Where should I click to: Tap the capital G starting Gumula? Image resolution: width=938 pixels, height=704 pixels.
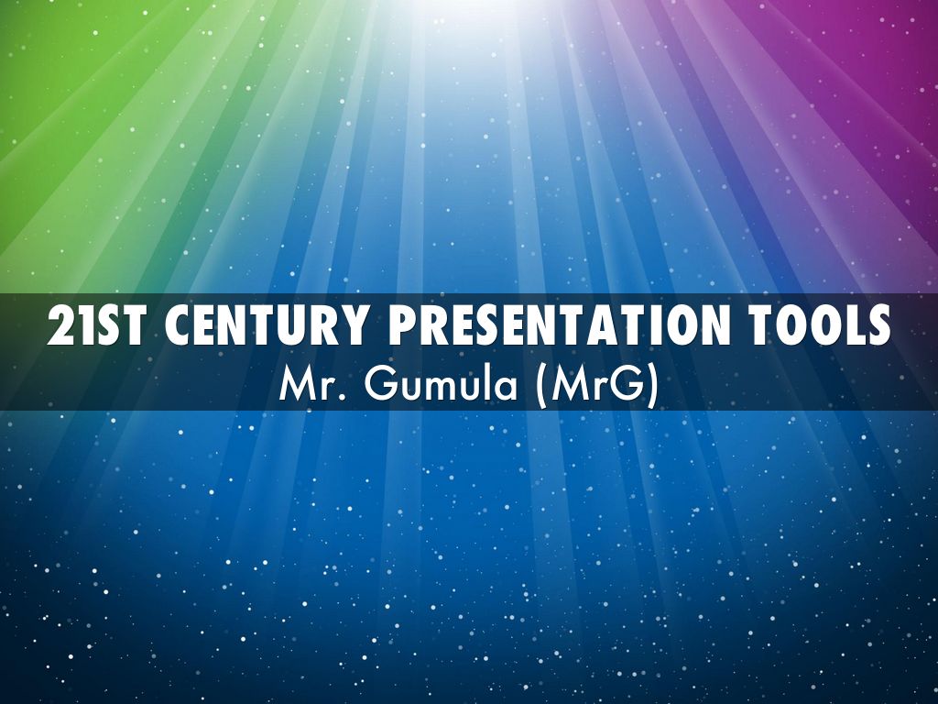point(377,387)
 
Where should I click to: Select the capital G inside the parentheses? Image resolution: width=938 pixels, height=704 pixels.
point(627,387)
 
